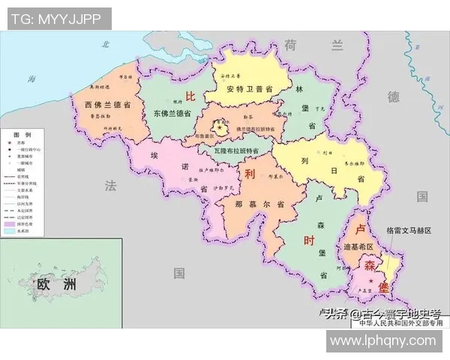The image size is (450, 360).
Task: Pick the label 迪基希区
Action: tap(358, 247)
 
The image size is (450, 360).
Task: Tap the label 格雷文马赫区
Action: tap(409, 231)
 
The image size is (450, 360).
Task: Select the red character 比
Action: tap(190, 96)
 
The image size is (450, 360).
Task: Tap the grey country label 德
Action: tap(393, 96)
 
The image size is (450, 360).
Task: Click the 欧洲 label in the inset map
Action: tap(57, 284)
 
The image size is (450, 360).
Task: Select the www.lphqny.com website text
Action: tap(383, 340)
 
